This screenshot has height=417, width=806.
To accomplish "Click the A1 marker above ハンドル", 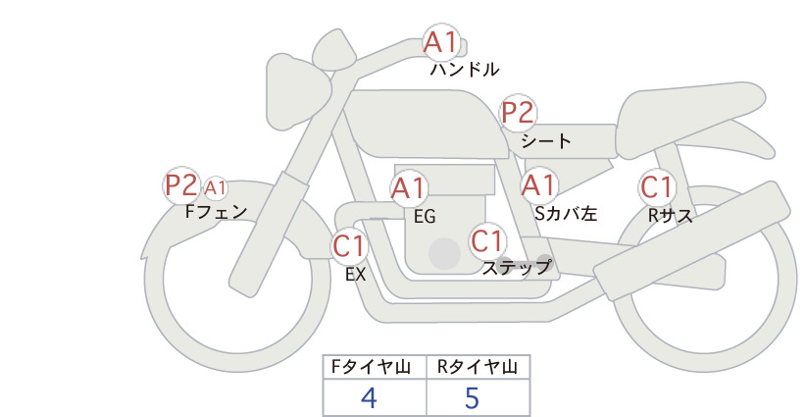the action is coord(441,41).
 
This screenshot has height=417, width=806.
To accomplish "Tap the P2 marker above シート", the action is coord(518,113).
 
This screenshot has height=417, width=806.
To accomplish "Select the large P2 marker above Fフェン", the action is coord(181,185).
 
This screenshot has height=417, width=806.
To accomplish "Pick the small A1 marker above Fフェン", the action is coord(216,188).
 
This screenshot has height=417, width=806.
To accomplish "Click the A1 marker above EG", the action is coord(408,188).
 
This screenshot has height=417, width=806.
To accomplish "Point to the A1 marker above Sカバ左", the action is coord(539,185).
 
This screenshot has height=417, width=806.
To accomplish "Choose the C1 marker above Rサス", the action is coord(656,187).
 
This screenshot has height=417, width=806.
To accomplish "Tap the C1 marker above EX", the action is coord(349,245).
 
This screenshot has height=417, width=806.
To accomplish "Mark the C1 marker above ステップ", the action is coord(486,240).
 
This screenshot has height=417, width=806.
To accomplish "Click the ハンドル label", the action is coord(464,69).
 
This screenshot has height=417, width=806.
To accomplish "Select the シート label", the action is coord(546,140).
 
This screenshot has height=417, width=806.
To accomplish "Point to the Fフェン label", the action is coord(216,211).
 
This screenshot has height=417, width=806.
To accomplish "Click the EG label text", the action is coord(425,217).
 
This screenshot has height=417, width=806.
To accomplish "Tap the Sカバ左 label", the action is coord(566,213).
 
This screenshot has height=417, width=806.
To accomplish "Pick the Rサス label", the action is coord(671,216).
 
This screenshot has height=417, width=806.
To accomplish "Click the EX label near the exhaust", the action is coord(355,275).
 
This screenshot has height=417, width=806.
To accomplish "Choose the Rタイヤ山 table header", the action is coord(478,367).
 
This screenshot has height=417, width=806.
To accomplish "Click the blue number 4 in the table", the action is coord(369,398).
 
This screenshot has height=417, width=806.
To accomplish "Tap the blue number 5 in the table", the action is coord(472,398).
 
